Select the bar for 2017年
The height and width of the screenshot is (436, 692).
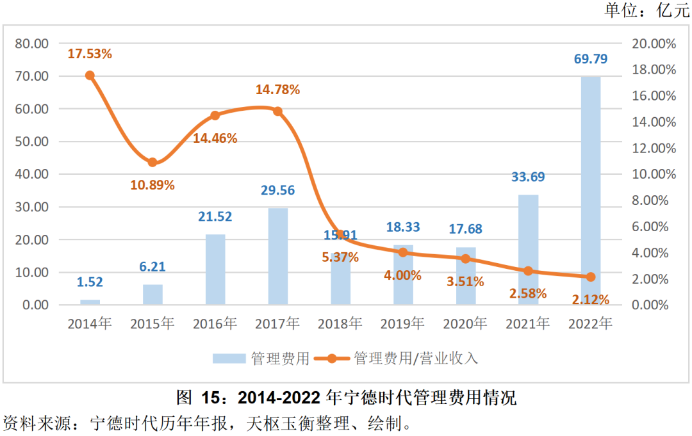[x=277, y=256]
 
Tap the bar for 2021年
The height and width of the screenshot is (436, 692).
[x=528, y=250]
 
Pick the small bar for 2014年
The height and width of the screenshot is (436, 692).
[x=90, y=302]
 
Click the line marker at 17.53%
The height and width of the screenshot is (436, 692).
[x=90, y=76]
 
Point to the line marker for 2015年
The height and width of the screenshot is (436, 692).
[x=152, y=163]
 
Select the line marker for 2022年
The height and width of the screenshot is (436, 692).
[x=591, y=277]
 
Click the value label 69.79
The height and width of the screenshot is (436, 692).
[x=591, y=60]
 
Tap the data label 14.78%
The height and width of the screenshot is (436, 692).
[x=277, y=90]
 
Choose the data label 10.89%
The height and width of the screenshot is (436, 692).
[x=152, y=185]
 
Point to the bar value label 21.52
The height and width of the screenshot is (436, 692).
[x=215, y=217]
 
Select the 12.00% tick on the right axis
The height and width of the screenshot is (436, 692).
[x=654, y=148]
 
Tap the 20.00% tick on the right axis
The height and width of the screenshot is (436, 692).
[x=654, y=44]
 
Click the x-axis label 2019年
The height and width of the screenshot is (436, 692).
[x=402, y=324]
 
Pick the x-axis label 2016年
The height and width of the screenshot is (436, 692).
[x=215, y=324]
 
